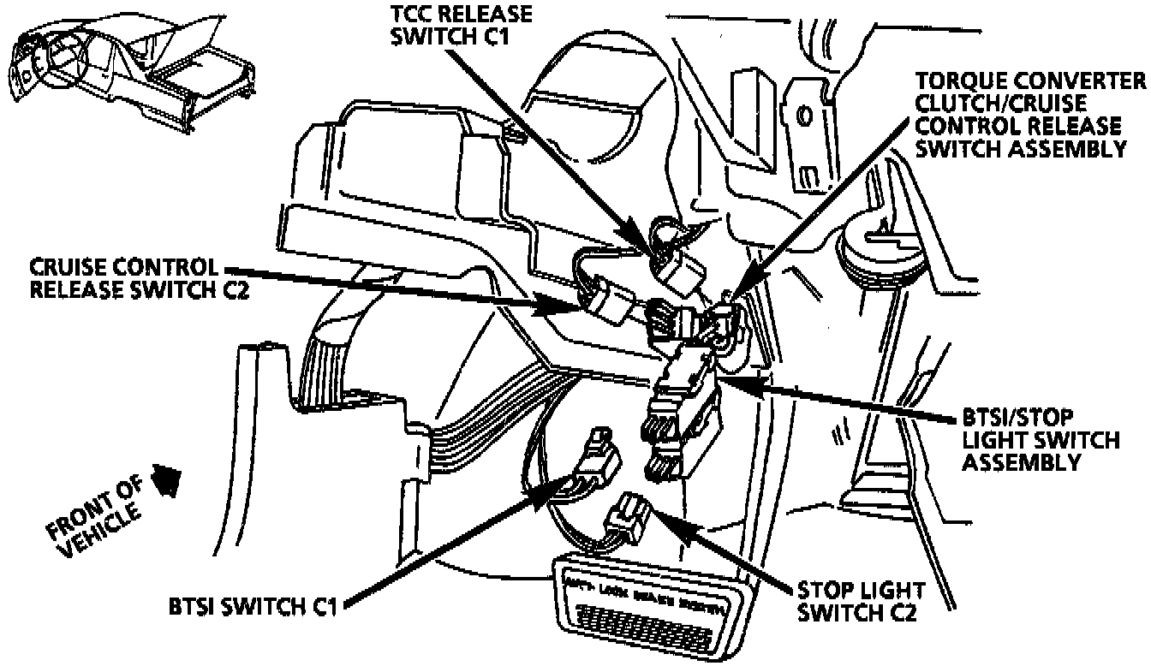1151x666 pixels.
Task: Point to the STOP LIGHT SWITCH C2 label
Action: click(x=861, y=602)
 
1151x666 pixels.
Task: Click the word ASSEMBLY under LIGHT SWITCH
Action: click(x=1019, y=463)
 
